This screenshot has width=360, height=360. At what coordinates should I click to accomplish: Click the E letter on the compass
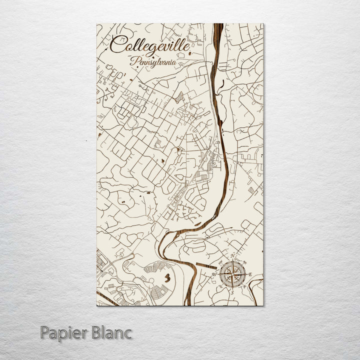[249, 274]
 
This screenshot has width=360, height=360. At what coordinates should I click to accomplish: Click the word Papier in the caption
[63, 332]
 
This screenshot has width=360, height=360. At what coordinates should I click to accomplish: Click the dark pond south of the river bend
[168, 275]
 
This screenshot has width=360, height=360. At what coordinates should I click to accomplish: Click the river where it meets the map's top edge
[218, 25]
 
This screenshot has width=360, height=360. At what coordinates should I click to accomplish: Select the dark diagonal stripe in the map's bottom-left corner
[106, 298]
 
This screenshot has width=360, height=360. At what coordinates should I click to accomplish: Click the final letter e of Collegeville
[187, 45]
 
